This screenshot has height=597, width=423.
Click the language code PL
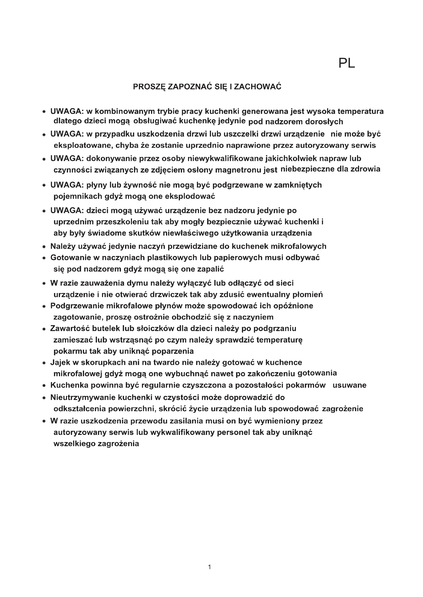click(347, 63)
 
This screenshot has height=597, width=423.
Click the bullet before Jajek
click(44, 363)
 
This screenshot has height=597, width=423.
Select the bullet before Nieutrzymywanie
click(44, 398)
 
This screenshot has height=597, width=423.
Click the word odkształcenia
click(79, 409)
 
